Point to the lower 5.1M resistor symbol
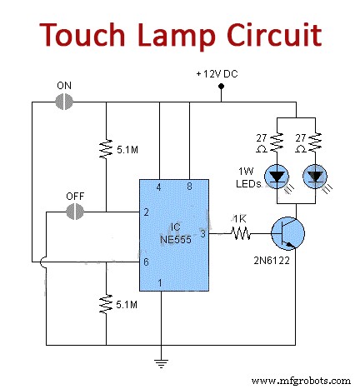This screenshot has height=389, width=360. [107, 303]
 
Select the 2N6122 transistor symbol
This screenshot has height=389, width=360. [288, 236]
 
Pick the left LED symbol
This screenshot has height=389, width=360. [276, 176]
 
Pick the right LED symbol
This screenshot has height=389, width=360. [316, 176]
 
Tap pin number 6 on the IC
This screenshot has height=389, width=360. [145, 262]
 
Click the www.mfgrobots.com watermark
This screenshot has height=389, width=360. [302, 380]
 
